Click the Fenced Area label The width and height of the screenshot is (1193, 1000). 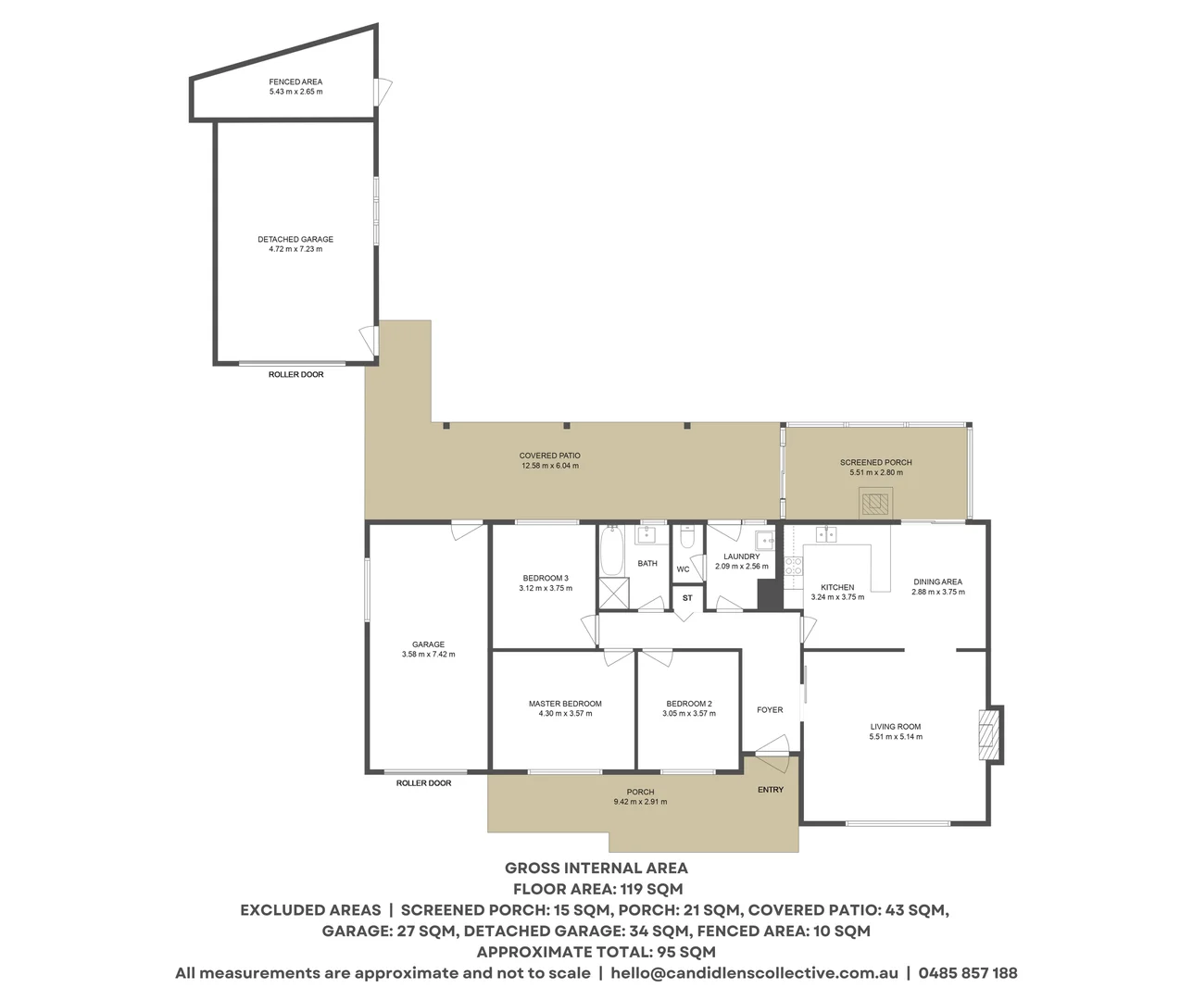click(x=295, y=81)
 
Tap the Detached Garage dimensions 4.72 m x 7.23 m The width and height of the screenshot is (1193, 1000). click(x=295, y=249)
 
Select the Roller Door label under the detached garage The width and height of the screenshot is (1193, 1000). click(x=295, y=374)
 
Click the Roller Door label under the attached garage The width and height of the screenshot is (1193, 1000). click(x=423, y=783)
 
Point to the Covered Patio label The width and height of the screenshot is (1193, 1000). click(x=549, y=456)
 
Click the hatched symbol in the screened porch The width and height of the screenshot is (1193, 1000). click(x=875, y=504)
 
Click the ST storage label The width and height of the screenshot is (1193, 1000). click(x=687, y=598)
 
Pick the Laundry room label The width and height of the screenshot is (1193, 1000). click(x=741, y=556)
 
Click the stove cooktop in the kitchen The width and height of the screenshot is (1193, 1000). click(x=793, y=566)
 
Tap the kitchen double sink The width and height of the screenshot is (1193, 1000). click(x=825, y=534)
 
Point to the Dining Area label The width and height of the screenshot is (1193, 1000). click(x=937, y=581)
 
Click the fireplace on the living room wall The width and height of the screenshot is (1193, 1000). click(x=990, y=734)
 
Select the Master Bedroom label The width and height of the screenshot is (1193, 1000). click(x=565, y=704)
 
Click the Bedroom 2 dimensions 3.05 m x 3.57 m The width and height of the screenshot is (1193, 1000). click(x=688, y=714)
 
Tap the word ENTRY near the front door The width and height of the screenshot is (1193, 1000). click(x=771, y=790)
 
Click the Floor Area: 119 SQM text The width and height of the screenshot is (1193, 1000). click(x=596, y=889)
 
